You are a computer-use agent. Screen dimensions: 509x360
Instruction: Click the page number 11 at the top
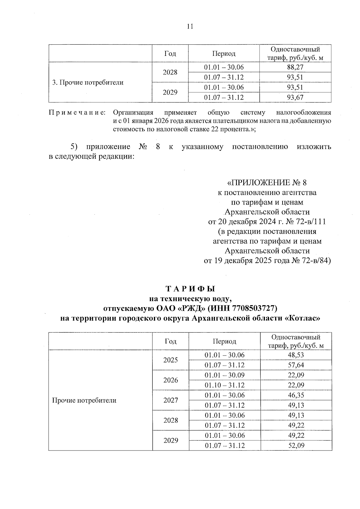[x=190, y=27]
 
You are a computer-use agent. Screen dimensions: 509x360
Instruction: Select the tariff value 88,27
[x=295, y=67]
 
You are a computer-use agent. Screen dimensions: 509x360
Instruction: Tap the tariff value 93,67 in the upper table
[x=295, y=97]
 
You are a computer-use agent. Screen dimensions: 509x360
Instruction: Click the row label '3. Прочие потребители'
[x=88, y=82]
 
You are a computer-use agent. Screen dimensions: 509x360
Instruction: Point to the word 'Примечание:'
[x=77, y=113]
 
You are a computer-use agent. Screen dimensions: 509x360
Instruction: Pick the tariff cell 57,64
[x=296, y=365]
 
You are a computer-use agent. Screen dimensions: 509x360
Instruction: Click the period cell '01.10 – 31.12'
[x=224, y=385]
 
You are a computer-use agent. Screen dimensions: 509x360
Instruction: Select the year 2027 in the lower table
[x=170, y=400]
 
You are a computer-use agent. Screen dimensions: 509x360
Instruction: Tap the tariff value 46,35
[x=296, y=395]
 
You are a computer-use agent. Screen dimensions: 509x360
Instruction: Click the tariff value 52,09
[x=296, y=445]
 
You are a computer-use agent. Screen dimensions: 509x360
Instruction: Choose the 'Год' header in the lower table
[x=170, y=341]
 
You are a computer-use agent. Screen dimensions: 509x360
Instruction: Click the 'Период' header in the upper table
[x=224, y=54]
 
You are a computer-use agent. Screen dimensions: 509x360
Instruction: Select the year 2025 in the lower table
[x=170, y=360]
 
